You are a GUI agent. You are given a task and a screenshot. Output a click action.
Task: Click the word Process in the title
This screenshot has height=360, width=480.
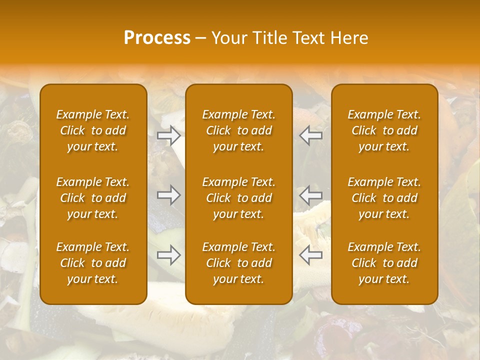coord(157,38)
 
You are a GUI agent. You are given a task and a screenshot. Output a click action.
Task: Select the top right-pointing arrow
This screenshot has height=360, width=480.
coord(168,135)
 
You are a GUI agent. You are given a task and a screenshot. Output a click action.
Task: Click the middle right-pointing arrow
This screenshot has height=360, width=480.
coord(168,195)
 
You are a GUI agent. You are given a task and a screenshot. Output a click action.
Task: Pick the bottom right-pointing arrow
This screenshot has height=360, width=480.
coord(168,255)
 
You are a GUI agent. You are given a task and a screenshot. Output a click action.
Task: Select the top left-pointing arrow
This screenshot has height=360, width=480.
coord(311,135)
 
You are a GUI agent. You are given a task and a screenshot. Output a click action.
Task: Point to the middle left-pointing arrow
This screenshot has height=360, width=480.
coord(311,195)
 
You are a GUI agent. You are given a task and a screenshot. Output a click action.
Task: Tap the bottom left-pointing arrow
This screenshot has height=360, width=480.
coord(311,255)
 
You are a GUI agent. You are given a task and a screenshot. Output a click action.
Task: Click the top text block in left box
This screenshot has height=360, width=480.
coord(93,130)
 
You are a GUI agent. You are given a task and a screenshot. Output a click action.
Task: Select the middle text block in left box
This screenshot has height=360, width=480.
coord(93,198)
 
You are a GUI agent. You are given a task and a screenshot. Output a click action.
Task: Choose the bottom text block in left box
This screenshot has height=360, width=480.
coord(93,263)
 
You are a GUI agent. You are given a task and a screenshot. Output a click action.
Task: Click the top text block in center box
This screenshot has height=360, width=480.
coord(239,130)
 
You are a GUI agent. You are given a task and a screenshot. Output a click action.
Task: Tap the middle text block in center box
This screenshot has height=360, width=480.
coord(239,198)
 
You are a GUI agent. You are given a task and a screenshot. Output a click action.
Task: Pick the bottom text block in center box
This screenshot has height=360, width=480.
coord(239,263)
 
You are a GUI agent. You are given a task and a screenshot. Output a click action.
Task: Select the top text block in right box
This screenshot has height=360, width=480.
coord(384,130)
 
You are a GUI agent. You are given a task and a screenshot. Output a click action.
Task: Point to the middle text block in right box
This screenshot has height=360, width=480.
coord(384,198)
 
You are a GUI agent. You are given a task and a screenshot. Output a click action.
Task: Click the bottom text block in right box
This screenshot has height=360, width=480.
coord(384,263)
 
